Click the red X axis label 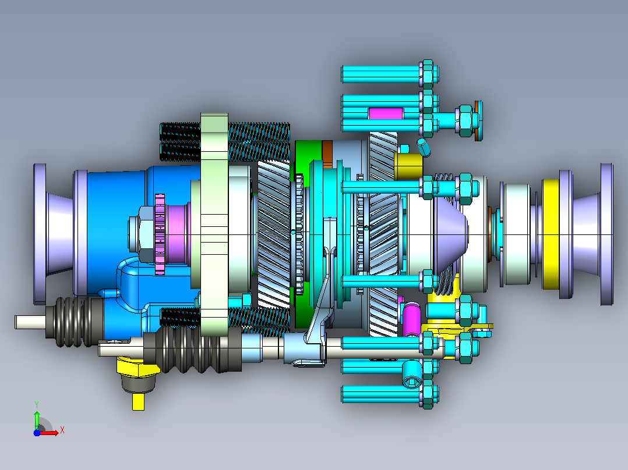tap(62, 430)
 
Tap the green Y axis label tap(37, 404)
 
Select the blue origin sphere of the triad tap(37, 433)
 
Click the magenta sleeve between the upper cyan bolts tap(385, 113)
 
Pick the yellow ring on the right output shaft tap(551, 234)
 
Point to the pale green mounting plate tap(214, 224)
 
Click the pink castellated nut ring tap(160, 234)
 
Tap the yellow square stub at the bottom tap(138, 401)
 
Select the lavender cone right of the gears tap(450, 234)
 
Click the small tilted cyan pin tap(424, 147)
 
